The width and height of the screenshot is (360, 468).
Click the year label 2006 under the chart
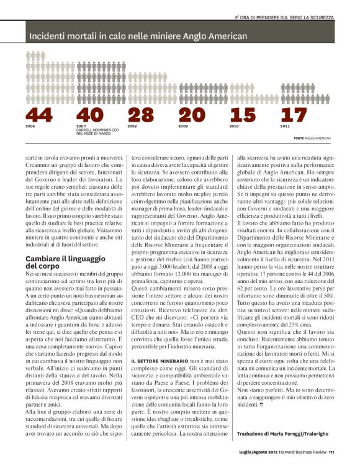coord(30,126)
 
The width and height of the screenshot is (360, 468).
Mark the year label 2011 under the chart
coord(285,126)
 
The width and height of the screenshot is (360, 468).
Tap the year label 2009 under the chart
coord(183,126)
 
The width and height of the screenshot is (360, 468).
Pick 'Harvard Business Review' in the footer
coord(302,460)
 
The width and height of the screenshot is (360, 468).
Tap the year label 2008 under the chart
coord(132,126)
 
